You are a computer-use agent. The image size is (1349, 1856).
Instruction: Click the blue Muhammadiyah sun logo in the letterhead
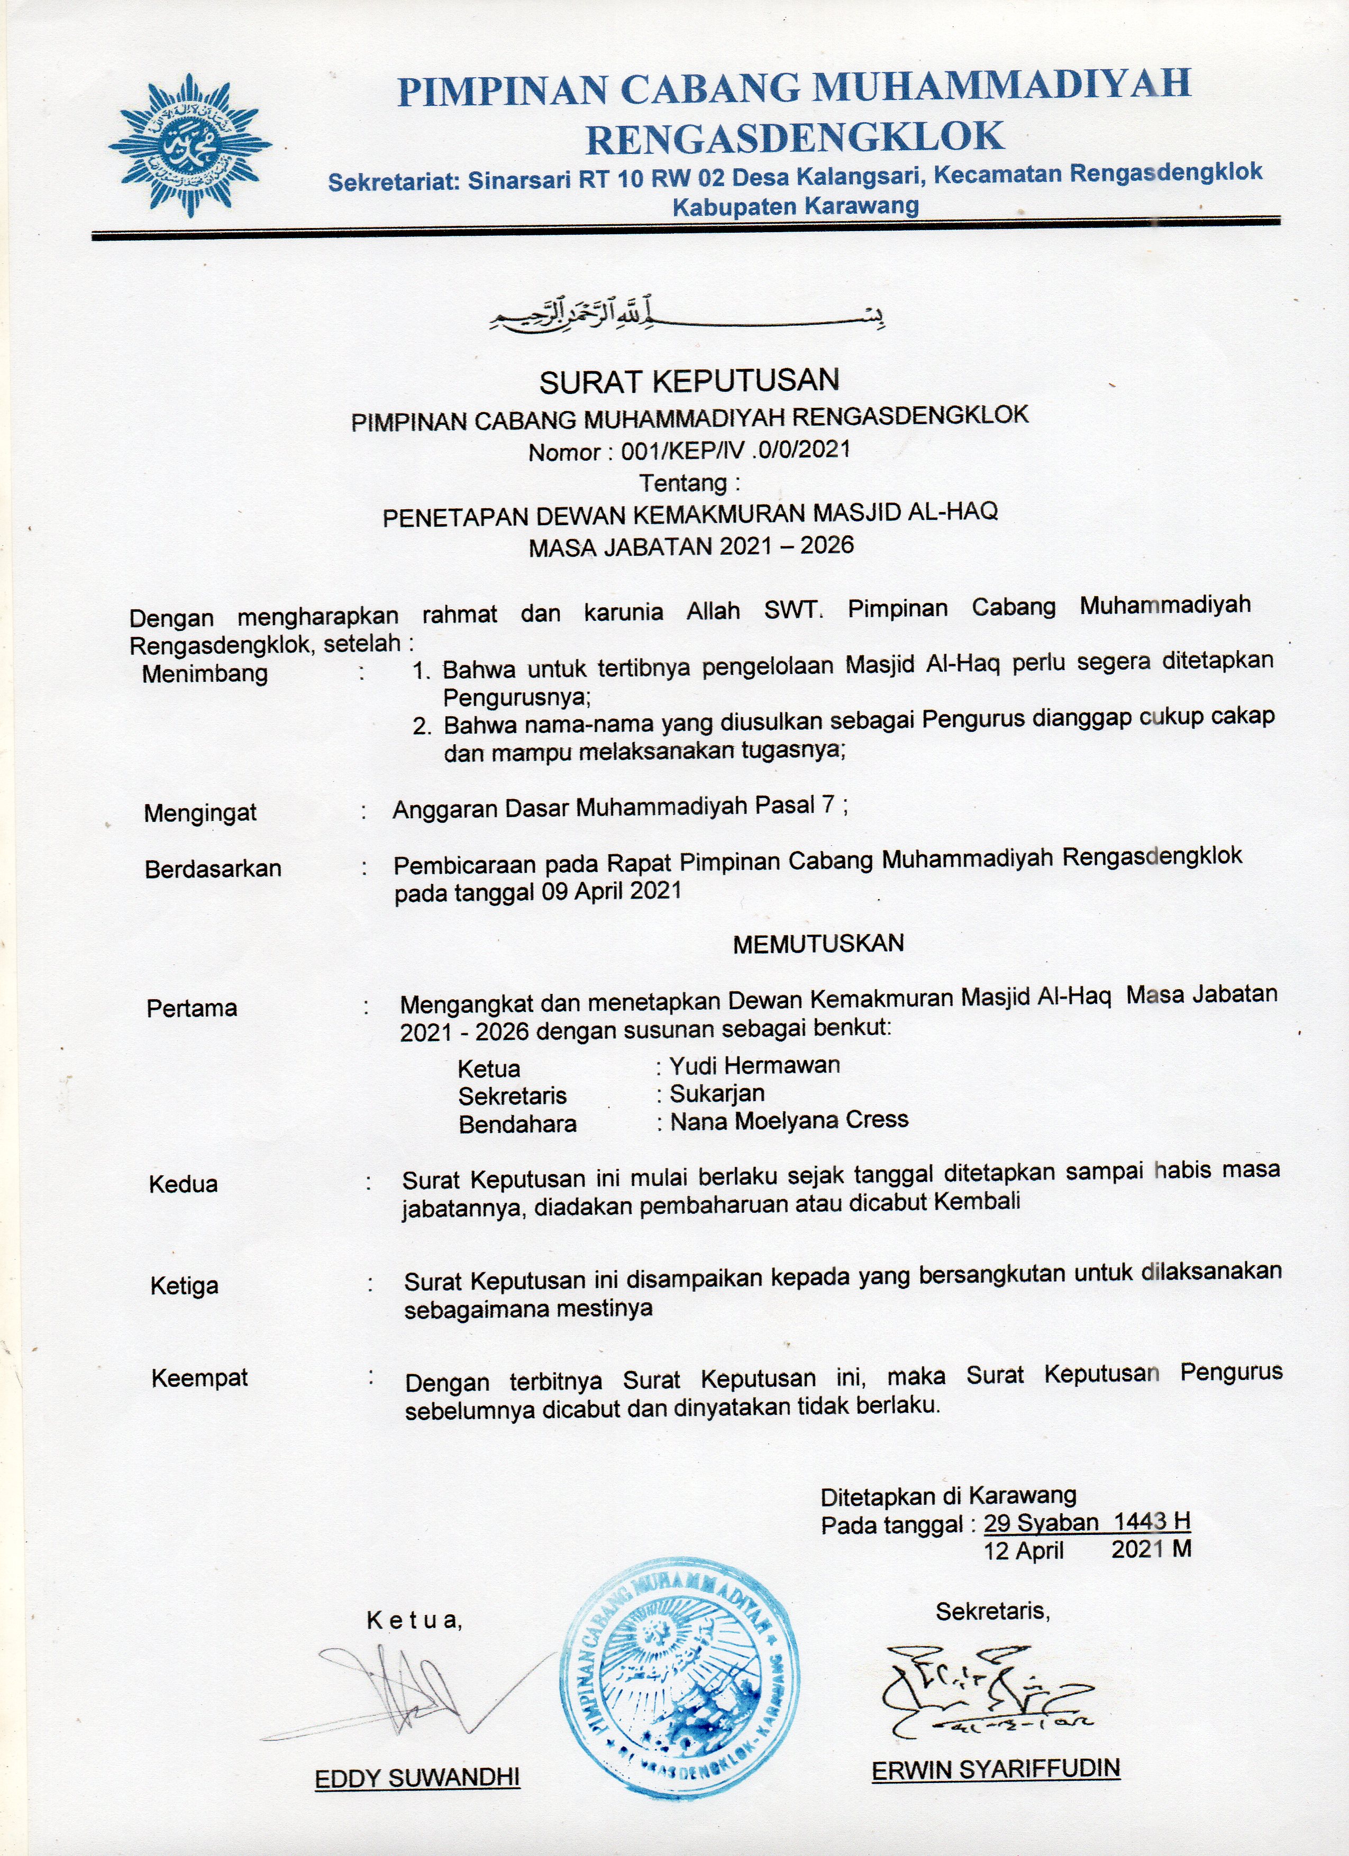click(x=190, y=145)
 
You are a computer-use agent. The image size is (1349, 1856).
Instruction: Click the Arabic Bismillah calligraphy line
click(x=687, y=316)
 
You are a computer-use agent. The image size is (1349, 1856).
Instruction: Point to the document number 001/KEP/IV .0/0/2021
click(x=735, y=449)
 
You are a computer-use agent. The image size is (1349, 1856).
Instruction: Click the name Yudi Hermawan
click(x=755, y=1065)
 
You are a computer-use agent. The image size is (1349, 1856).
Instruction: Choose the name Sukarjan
click(x=717, y=1093)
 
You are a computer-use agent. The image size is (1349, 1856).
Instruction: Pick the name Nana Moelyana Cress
click(x=789, y=1120)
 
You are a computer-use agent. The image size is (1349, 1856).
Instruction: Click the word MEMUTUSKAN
click(x=818, y=944)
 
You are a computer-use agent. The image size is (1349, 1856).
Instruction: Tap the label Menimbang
click(x=205, y=674)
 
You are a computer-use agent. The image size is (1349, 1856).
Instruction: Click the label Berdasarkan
click(x=213, y=869)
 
